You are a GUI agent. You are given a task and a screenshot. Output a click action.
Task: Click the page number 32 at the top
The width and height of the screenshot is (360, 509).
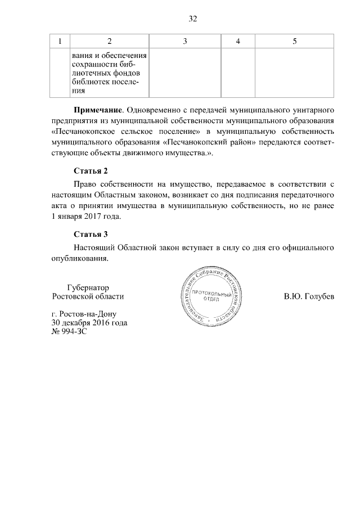(x=192, y=19)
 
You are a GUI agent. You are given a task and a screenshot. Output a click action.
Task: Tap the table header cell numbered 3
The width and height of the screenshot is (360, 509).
(x=184, y=41)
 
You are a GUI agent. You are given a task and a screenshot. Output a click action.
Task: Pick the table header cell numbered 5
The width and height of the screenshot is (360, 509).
(x=295, y=41)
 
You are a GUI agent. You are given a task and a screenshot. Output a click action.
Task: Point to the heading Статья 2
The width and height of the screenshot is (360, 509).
(x=91, y=170)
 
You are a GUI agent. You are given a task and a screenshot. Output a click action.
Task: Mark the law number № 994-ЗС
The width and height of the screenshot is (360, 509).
(x=69, y=332)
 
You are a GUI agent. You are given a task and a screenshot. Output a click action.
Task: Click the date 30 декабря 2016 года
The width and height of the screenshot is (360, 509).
(x=89, y=323)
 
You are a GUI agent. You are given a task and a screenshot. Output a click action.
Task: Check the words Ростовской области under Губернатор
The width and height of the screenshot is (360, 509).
(x=87, y=296)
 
